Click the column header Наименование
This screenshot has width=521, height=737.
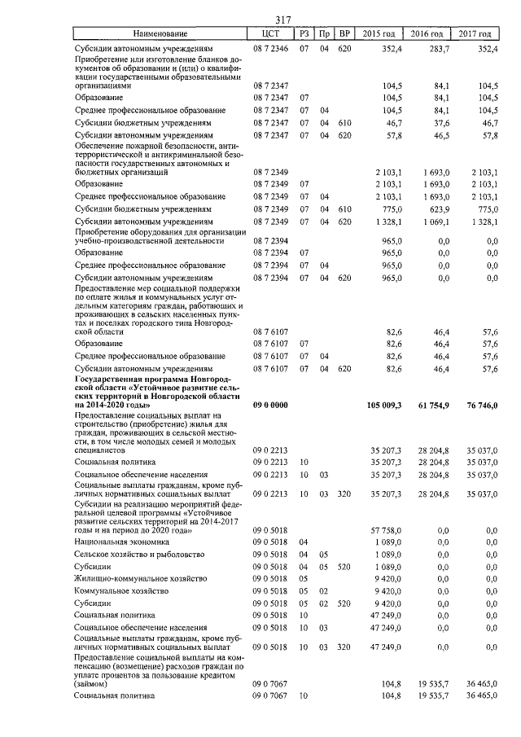160,34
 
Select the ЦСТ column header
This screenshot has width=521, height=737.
271,34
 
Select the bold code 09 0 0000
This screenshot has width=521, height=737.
271,405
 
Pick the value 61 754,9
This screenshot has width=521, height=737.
431,405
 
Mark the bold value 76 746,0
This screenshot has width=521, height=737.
477,405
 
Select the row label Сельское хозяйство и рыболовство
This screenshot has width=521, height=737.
137,555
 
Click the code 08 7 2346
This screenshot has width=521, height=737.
271,49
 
